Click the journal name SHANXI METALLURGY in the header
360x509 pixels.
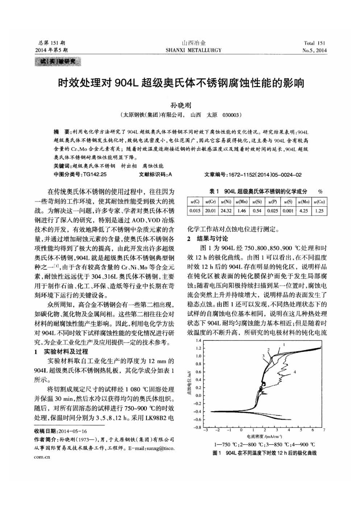click(193, 50)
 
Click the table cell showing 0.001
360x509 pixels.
click(288, 210)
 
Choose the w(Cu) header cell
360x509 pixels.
click(319, 201)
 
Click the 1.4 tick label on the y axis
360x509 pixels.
click(198, 341)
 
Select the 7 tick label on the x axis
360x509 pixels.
click(324, 430)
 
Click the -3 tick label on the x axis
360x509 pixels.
click(205, 430)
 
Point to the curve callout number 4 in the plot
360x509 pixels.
click(295, 372)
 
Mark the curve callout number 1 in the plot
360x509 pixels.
click(284, 344)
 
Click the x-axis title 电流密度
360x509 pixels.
click(255, 436)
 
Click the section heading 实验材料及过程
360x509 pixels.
click(66, 352)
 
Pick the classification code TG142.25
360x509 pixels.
click(95, 174)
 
